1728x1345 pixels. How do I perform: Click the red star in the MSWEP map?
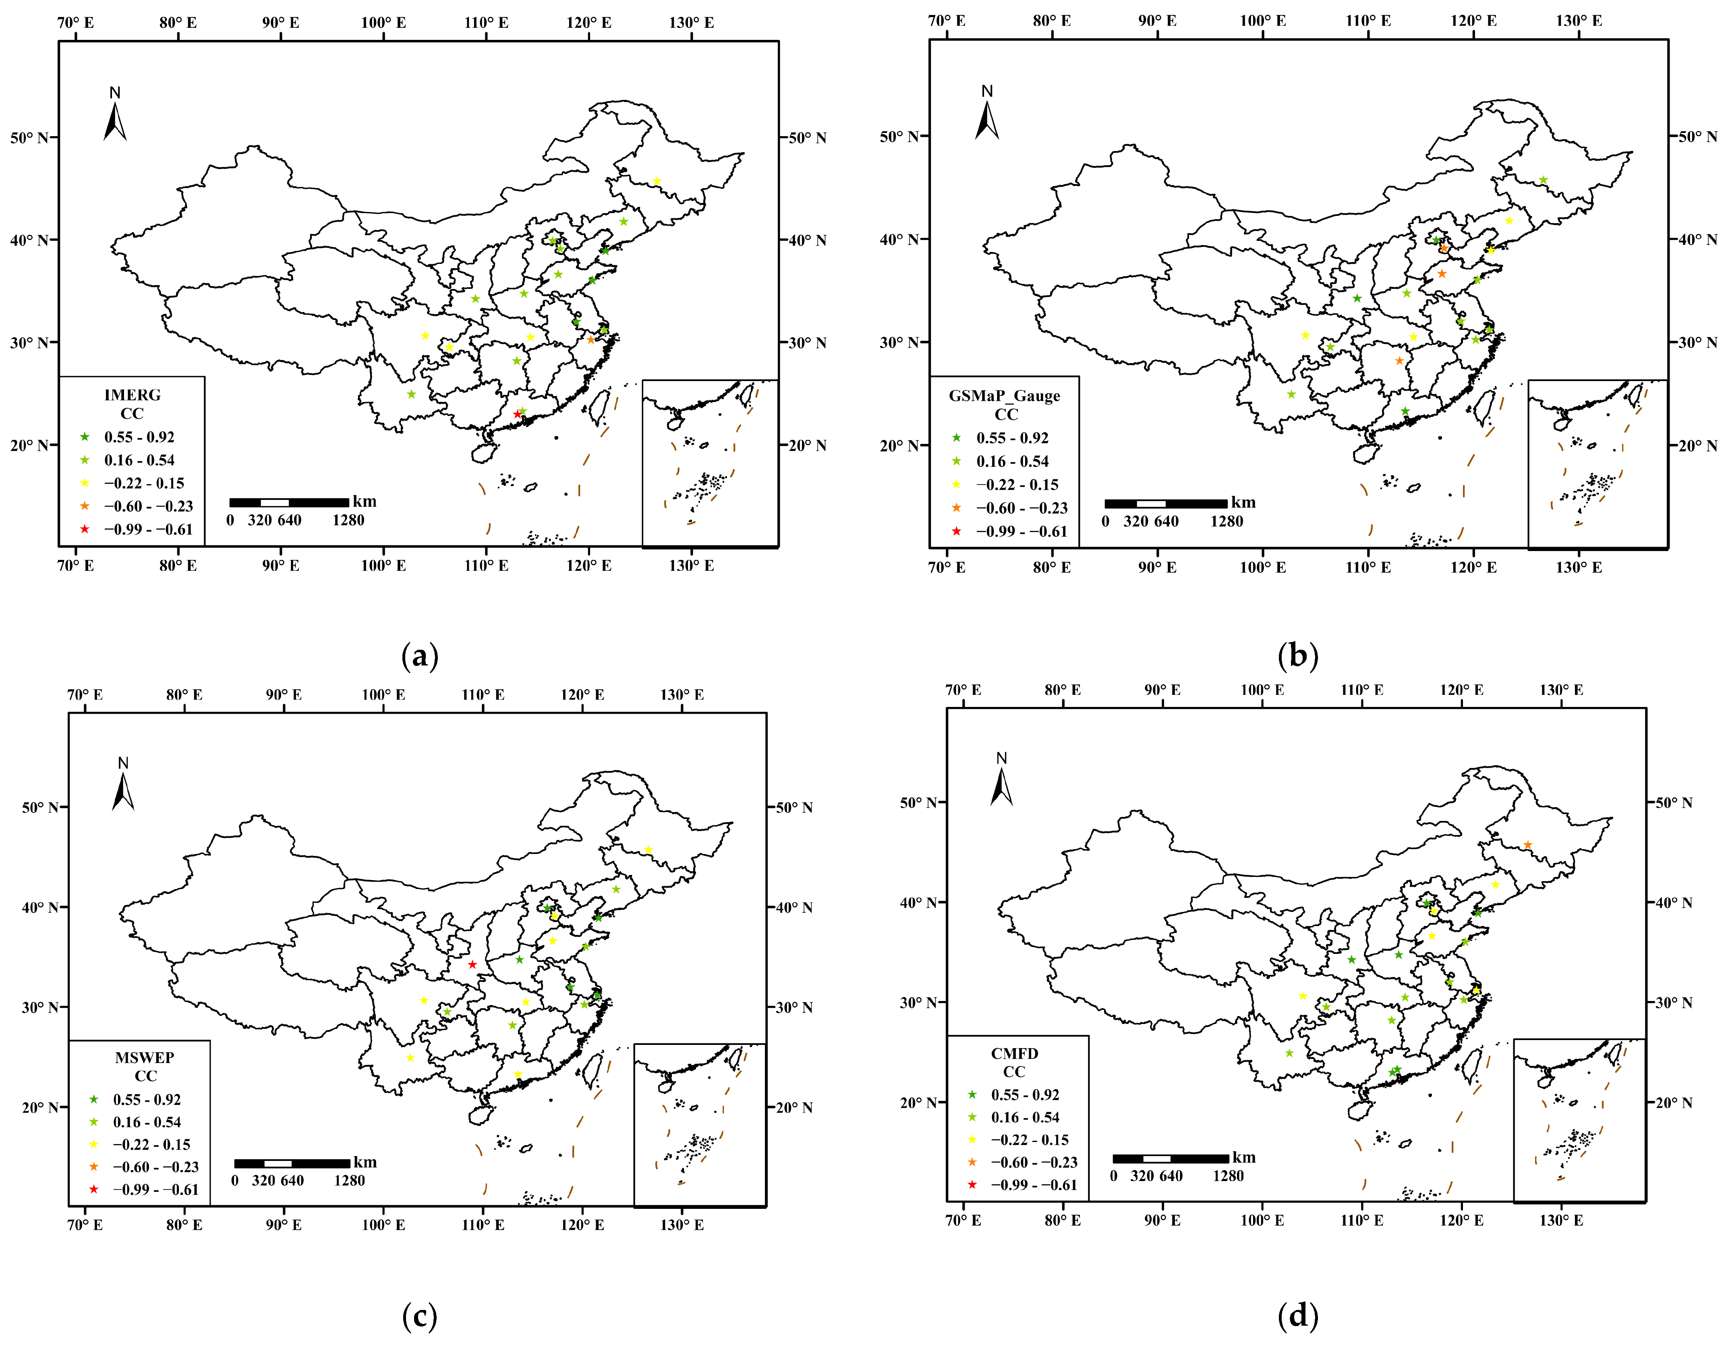point(472,964)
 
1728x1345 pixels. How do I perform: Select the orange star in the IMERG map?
point(590,340)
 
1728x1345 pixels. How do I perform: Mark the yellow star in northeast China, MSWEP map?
point(648,850)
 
